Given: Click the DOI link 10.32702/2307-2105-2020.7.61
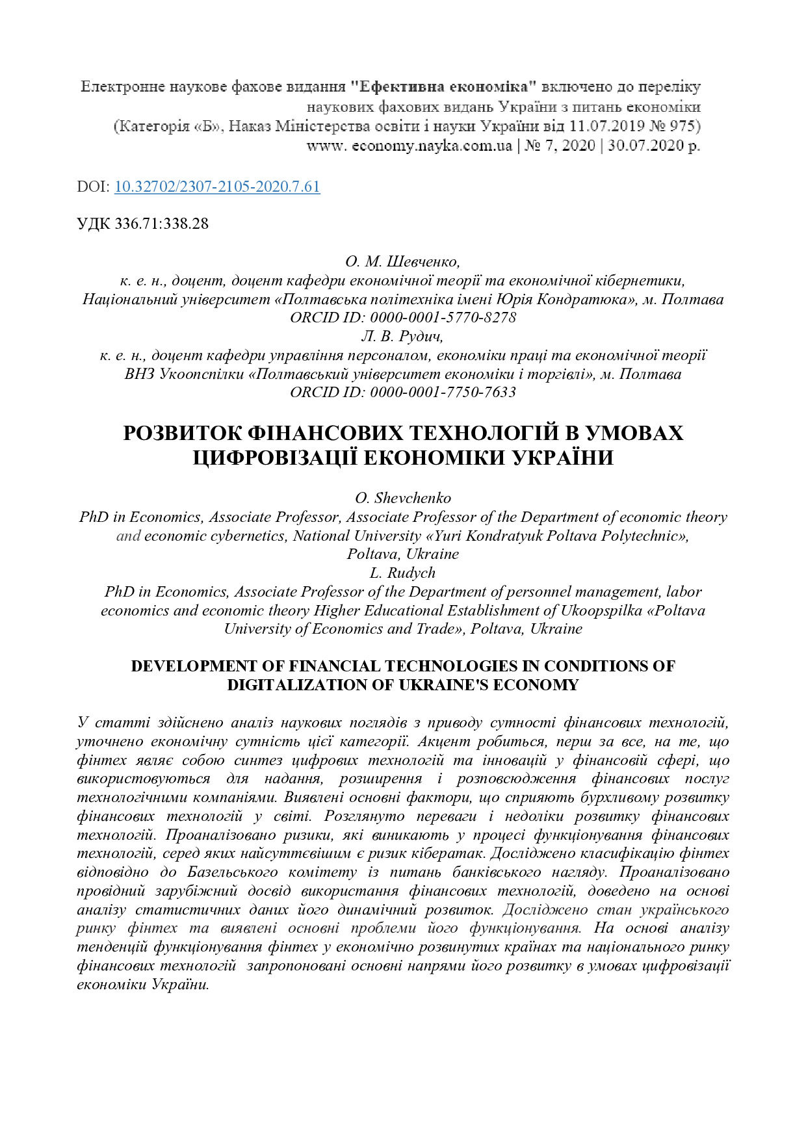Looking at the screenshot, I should click(217, 187).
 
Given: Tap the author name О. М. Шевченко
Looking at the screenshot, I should click(402, 262).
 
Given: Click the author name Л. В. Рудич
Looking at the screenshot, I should click(402, 337).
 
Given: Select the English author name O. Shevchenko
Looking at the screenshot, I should click(403, 499).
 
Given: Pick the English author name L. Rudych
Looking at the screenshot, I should click(402, 573).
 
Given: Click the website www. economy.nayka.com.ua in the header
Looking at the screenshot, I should click(409, 146).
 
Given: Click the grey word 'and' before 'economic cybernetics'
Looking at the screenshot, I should click(128, 536).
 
